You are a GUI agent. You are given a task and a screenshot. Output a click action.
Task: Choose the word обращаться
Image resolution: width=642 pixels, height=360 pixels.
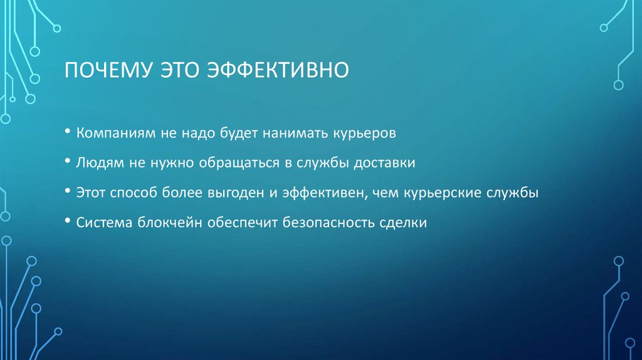coord(232,163)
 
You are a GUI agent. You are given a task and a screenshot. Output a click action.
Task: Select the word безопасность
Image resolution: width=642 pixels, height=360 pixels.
coord(326,223)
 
